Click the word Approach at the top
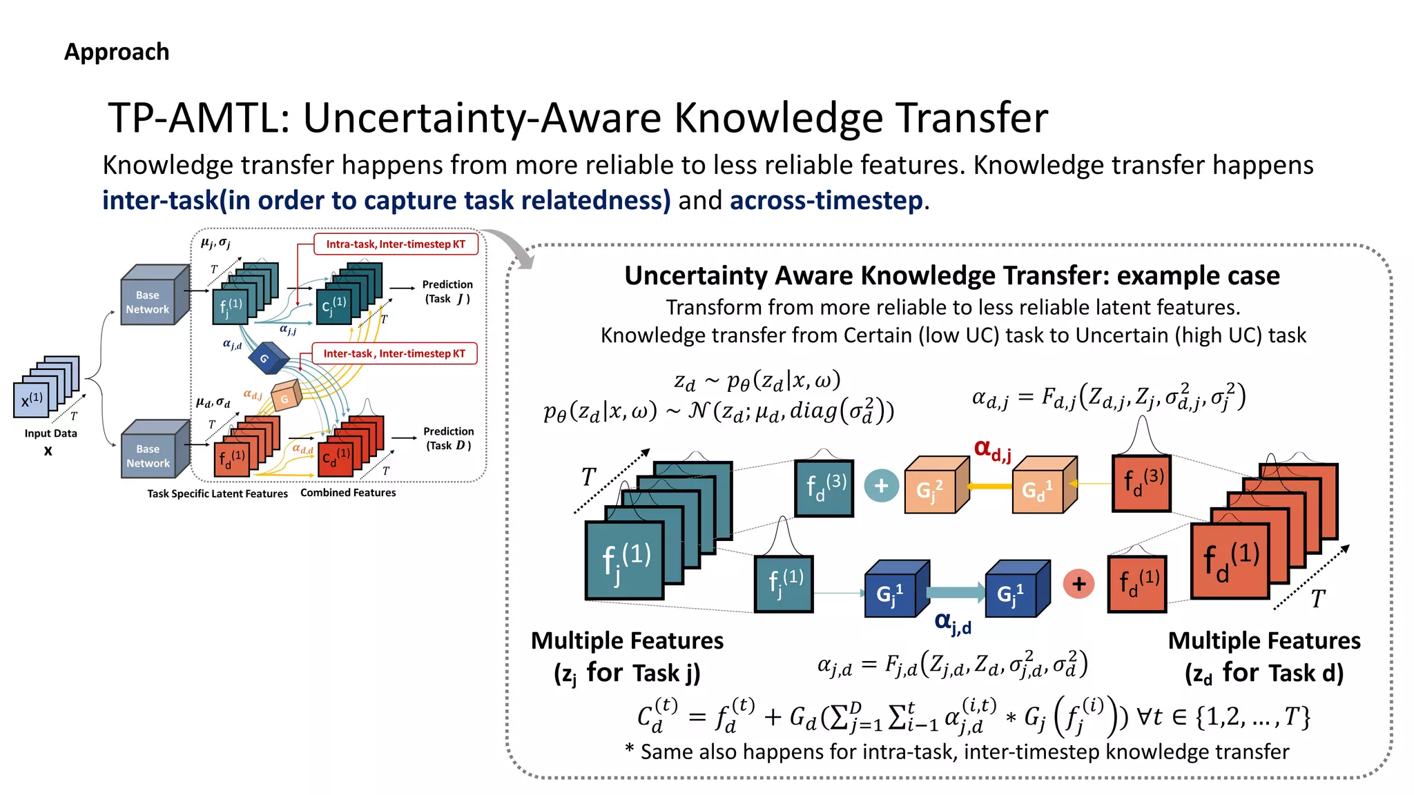[117, 52]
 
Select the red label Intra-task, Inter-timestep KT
[396, 244]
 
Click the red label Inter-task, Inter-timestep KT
[394, 353]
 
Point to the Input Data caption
[50, 433]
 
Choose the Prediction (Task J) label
[447, 291]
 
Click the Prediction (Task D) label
[448, 438]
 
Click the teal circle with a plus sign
[881, 486]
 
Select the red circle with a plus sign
[1078, 584]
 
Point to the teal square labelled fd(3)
[824, 487]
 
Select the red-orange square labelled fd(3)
[1142, 483]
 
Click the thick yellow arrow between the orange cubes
[989, 486]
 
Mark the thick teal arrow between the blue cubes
[956, 592]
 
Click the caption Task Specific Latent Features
[217, 493]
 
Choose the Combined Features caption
[348, 493]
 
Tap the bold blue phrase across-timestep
[826, 201]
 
